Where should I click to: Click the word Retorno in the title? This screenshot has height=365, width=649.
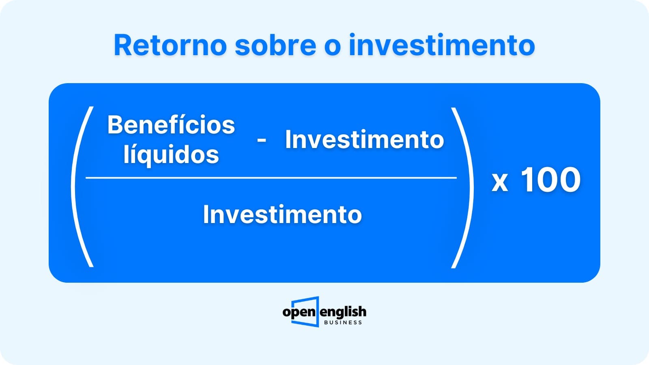(x=170, y=45)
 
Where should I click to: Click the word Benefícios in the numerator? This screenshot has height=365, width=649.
(x=171, y=125)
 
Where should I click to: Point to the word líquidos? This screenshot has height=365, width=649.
(x=171, y=155)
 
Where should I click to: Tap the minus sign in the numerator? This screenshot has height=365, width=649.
(x=262, y=140)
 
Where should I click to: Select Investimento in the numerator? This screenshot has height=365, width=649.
(x=365, y=140)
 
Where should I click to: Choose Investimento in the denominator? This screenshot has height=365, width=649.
(x=282, y=215)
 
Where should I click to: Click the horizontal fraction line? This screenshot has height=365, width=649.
(x=271, y=178)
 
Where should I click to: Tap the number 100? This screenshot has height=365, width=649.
(x=551, y=180)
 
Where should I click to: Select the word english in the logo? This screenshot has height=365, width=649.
(x=343, y=312)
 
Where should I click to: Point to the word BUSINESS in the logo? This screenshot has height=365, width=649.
(x=343, y=322)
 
